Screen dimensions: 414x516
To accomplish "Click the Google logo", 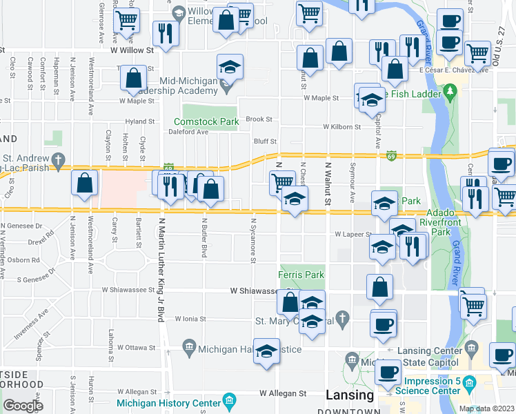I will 23,406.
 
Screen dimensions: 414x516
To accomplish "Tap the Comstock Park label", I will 210,121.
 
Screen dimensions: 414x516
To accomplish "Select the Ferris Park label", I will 301,275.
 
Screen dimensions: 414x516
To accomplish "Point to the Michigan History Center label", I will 168,403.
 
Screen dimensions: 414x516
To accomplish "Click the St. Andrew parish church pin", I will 60,159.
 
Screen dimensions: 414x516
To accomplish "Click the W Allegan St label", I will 283,393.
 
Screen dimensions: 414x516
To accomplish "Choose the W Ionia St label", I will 191,319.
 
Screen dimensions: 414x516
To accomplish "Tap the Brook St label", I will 259,119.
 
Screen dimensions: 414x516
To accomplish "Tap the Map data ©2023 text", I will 486,408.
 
